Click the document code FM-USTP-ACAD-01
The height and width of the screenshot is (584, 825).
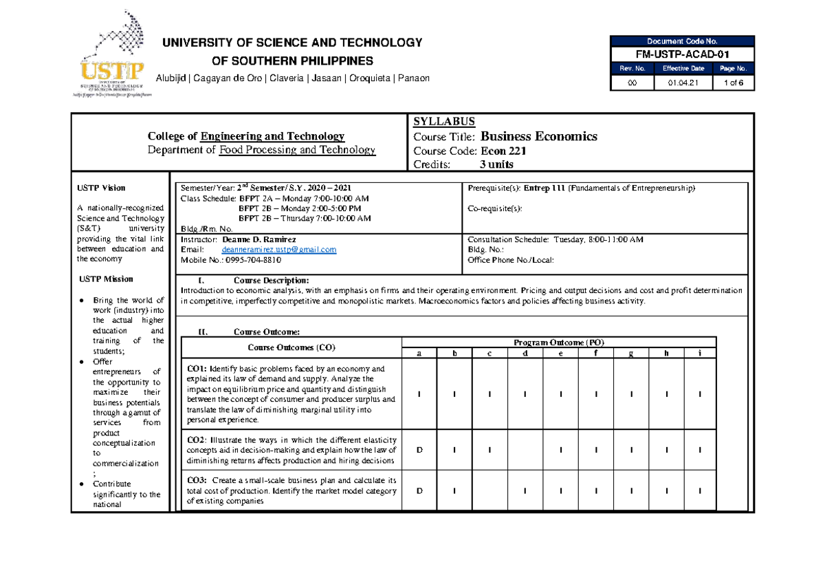click(683, 54)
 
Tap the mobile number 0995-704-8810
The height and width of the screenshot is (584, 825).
click(247, 260)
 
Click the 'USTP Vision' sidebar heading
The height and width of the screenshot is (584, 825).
click(102, 188)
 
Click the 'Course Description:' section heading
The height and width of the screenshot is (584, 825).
click(271, 280)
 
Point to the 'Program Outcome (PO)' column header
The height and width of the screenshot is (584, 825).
click(558, 343)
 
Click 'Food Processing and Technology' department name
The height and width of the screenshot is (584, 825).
click(297, 150)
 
